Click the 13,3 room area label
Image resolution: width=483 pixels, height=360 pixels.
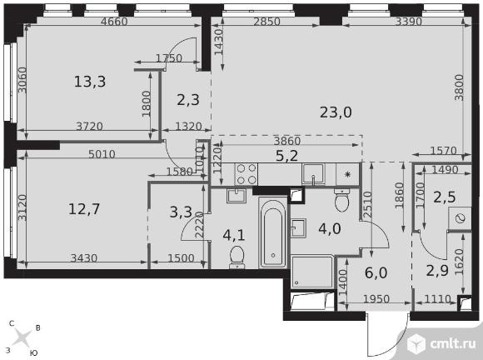pyautogui.click(x=90, y=82)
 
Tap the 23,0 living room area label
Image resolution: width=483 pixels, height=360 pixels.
pyautogui.click(x=336, y=112)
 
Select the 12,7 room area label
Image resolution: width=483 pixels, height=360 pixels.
pyautogui.click(x=84, y=209)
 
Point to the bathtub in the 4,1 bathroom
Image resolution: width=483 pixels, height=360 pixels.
pyautogui.click(x=273, y=232)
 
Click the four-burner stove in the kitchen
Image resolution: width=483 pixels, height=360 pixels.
pyautogui.click(x=246, y=174)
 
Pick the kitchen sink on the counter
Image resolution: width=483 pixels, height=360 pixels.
pyautogui.click(x=314, y=174)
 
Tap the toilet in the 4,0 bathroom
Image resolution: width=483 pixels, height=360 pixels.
pyautogui.click(x=342, y=200)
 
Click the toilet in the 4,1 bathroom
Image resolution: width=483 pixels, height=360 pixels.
pyautogui.click(x=237, y=257)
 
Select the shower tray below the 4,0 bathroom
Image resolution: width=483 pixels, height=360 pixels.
pyautogui.click(x=312, y=272)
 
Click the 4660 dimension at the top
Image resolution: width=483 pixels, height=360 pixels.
pyautogui.click(x=114, y=22)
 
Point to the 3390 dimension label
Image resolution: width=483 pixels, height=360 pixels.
pyautogui.click(x=408, y=22)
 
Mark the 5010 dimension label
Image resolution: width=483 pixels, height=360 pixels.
pyautogui.click(x=102, y=154)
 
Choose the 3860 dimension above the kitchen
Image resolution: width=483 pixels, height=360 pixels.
pyautogui.click(x=287, y=141)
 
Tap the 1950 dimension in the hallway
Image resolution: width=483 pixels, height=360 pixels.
pyautogui.click(x=376, y=298)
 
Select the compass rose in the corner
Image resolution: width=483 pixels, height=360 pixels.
pyautogui.click(x=22, y=337)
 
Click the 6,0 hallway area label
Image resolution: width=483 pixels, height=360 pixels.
pyautogui.click(x=376, y=272)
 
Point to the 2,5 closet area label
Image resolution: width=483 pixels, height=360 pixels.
pyautogui.click(x=444, y=197)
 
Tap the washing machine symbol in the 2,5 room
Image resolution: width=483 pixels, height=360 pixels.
pyautogui.click(x=460, y=218)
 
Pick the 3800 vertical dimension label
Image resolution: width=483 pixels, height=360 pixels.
pyautogui.click(x=459, y=87)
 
